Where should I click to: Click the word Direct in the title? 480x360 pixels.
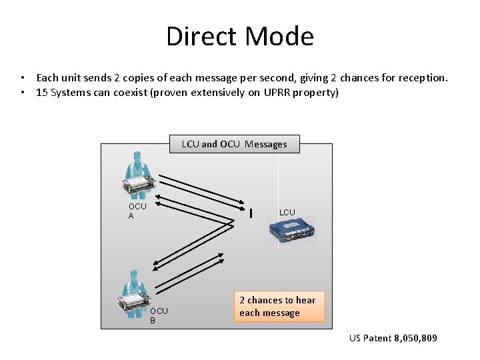point(203,36)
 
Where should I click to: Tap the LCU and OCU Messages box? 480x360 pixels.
point(234,144)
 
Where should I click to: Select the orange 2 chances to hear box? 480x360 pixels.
point(278,307)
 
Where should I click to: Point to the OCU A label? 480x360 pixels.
point(137,211)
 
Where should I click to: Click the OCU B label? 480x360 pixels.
point(159,315)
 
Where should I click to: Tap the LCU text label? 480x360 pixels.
point(287,212)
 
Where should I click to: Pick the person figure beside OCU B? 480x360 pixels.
point(134,293)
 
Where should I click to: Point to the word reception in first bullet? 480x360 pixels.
point(423,78)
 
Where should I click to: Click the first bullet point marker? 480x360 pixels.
point(23,78)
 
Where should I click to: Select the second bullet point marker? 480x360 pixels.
point(23,92)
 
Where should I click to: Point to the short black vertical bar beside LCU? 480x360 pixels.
point(250,213)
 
